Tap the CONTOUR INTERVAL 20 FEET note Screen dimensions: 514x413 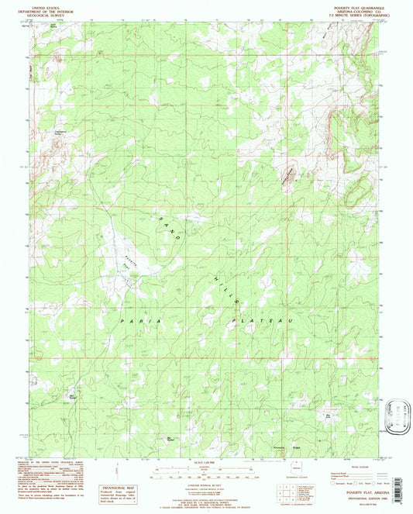click(x=206, y=481)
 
